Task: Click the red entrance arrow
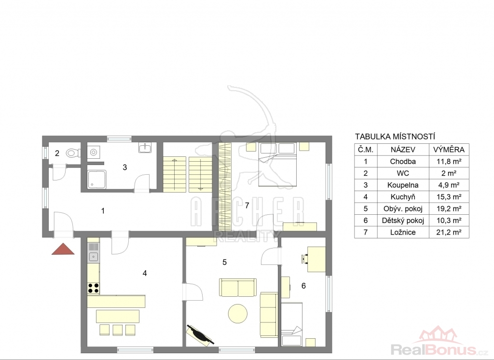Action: coord(63,249)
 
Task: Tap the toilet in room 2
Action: coord(73,153)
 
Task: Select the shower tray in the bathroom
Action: coord(96,180)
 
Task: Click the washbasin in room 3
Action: coord(145,148)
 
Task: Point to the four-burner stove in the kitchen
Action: coord(94,288)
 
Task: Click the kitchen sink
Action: coord(94,257)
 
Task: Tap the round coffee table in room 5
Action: coord(237,313)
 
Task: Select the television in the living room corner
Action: coord(200,335)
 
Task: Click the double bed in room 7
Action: coord(277,164)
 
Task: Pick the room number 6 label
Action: coord(303,286)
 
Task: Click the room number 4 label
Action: coord(145,273)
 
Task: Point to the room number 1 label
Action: coord(103,210)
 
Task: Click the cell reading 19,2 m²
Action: coord(449,208)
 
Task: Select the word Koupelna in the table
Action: coord(403,185)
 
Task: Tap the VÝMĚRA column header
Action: coord(449,150)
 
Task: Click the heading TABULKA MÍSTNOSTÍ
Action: coord(395,137)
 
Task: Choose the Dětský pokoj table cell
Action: coord(403,221)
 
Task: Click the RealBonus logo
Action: coord(439,342)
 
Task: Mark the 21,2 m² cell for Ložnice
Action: coord(449,232)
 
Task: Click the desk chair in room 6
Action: coord(304,259)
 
